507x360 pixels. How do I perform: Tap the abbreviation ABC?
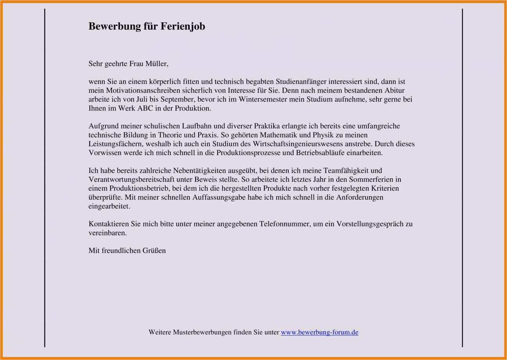[x=145, y=109]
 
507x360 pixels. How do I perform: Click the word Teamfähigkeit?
[x=347, y=171]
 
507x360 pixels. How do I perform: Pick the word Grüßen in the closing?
[x=156, y=251]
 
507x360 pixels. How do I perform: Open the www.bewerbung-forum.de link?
[x=319, y=333]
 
